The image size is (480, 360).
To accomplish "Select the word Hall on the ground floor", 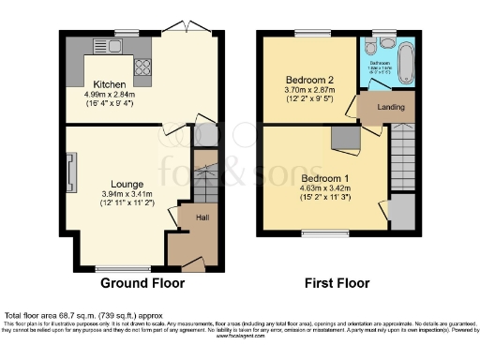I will (202, 217).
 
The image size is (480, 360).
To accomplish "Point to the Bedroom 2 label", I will (308, 81).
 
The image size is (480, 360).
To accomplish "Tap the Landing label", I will (391, 108).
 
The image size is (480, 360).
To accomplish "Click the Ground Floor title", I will (142, 282).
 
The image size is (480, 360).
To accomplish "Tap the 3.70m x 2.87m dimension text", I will (308, 92).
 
